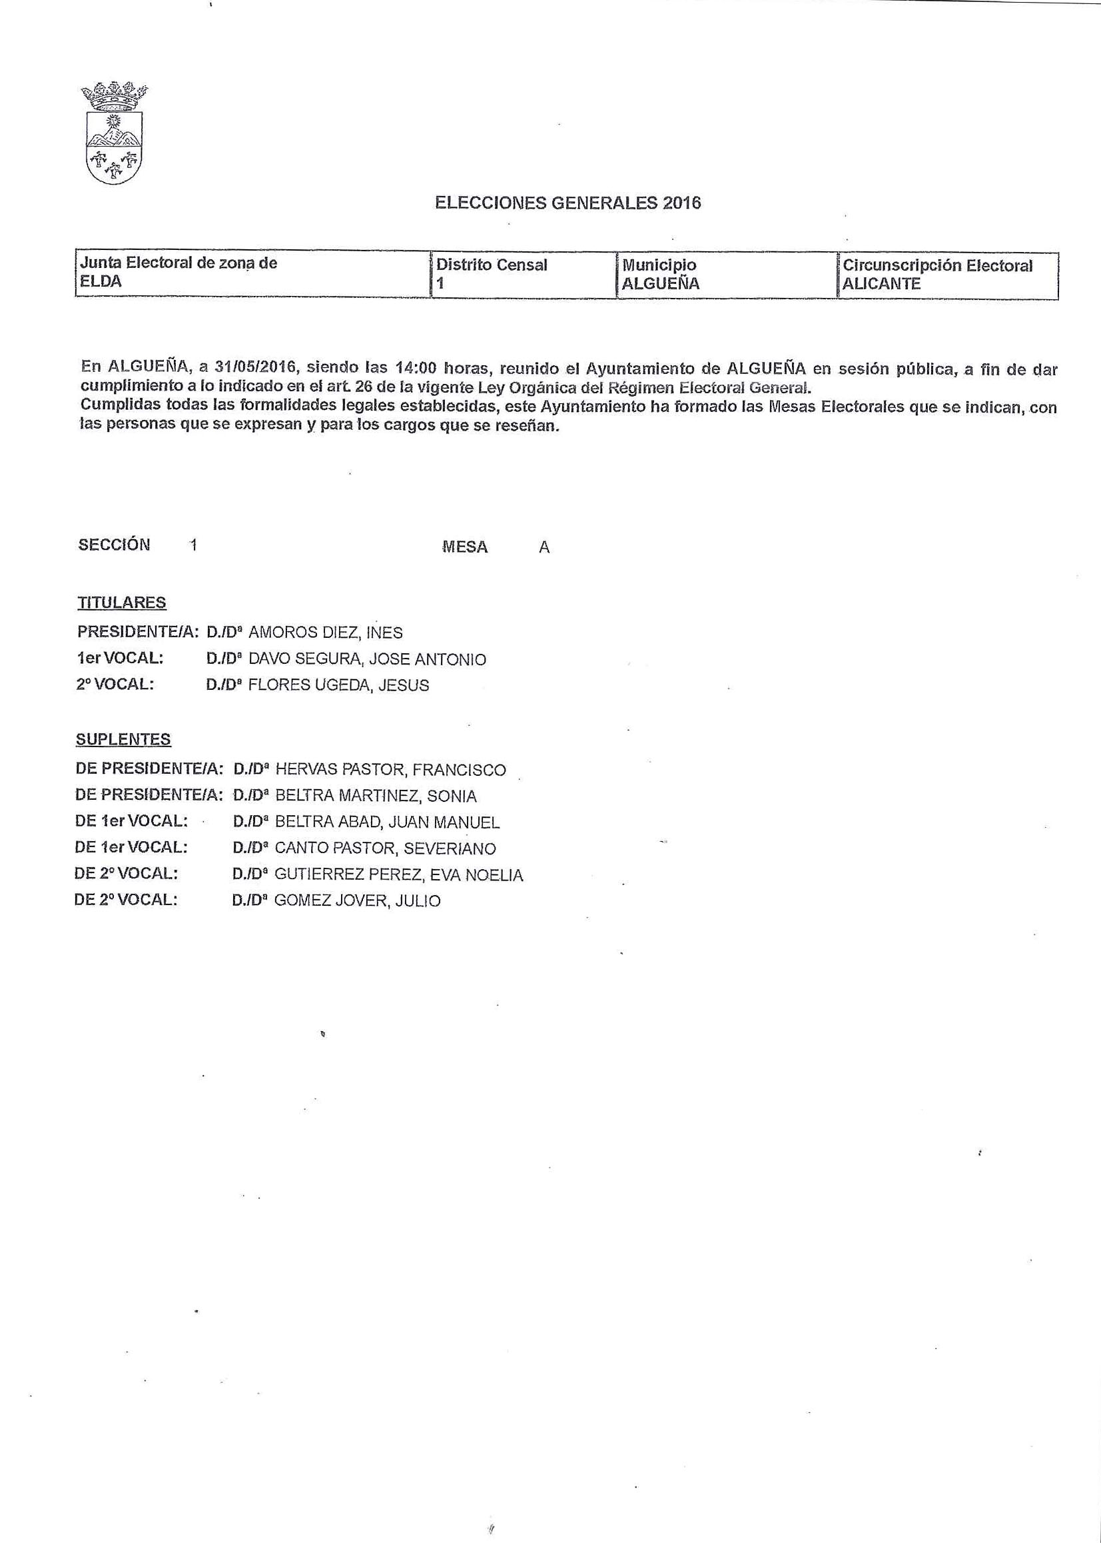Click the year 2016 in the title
[682, 203]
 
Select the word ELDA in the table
[101, 281]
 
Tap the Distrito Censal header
[492, 265]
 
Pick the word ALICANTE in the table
[881, 283]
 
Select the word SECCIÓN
[114, 545]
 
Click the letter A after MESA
[544, 548]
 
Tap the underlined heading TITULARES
[121, 603]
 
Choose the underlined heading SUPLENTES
[123, 739]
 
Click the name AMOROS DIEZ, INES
[326, 633]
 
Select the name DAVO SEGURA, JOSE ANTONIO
[368, 659]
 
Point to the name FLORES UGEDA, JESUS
[338, 686]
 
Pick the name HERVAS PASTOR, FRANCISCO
[390, 770]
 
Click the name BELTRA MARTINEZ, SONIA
[376, 796]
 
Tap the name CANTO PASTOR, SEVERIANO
[385, 848]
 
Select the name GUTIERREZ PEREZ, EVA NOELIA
[398, 875]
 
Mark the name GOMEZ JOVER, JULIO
[357, 901]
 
